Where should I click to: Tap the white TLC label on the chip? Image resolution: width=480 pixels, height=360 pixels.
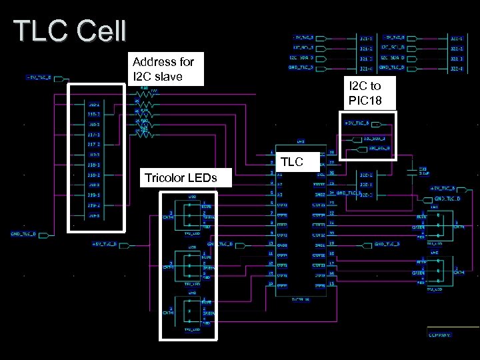click(292, 161)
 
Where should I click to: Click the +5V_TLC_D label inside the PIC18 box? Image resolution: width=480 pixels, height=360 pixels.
click(357, 123)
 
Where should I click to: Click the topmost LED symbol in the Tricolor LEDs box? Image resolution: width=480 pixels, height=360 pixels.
click(191, 215)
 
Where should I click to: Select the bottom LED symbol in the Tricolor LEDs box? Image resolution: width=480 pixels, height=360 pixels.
click(191, 311)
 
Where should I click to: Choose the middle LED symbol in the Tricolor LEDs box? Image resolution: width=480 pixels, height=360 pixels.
click(191, 265)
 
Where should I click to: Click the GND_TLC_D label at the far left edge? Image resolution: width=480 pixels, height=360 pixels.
click(23, 234)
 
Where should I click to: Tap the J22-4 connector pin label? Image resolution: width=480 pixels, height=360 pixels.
click(457, 67)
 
